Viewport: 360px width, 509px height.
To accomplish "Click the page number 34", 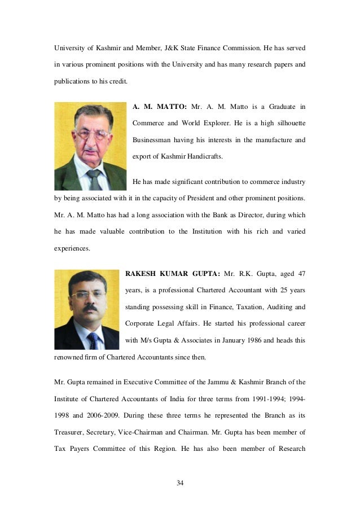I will [x=180, y=483].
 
